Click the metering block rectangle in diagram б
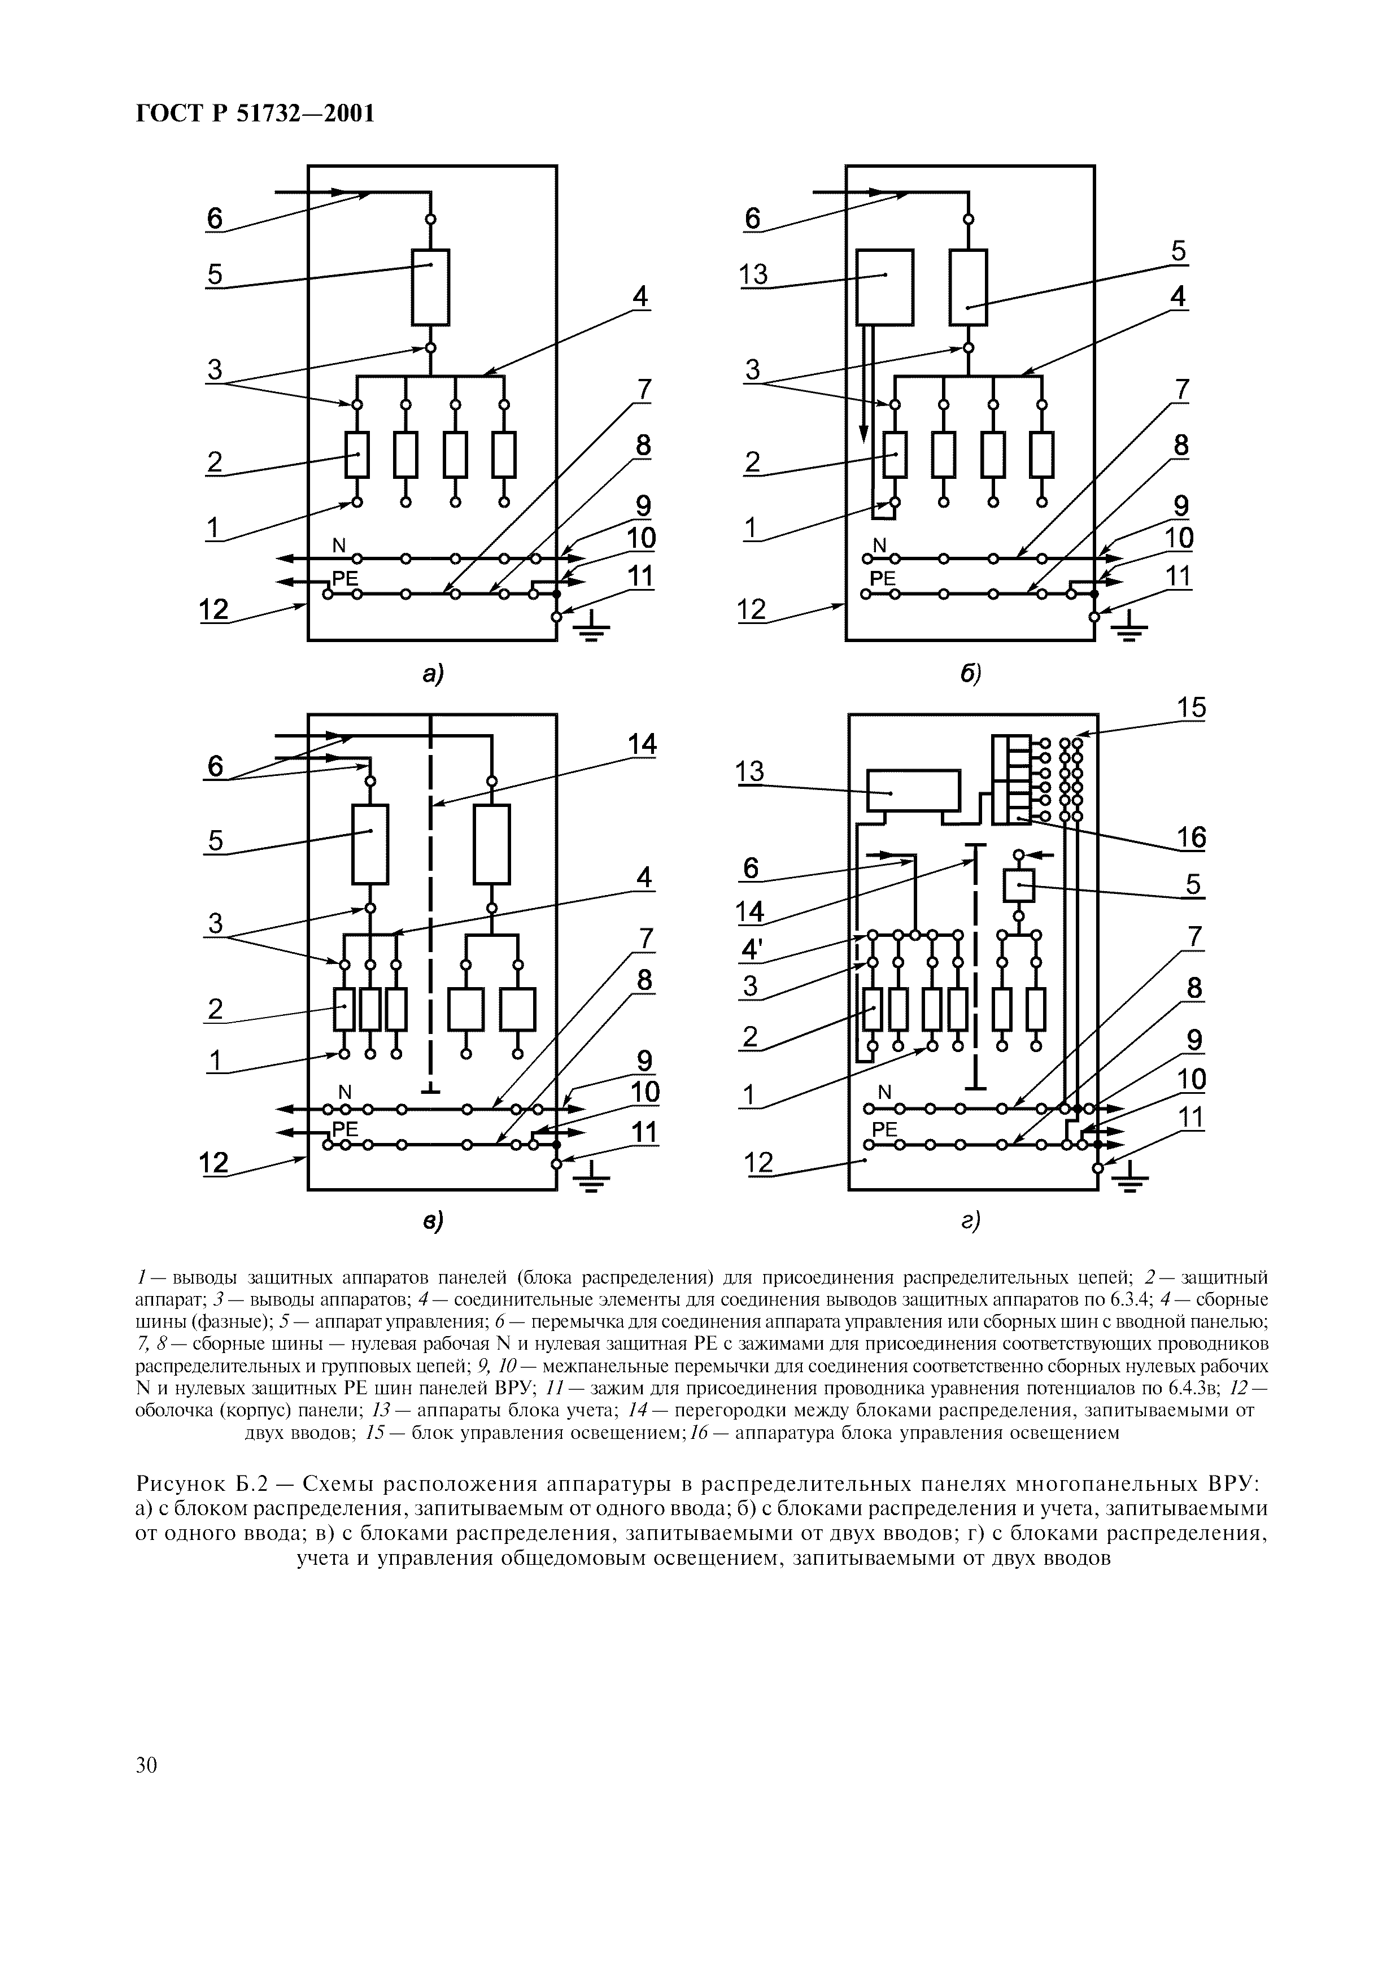(x=883, y=286)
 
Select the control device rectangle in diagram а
(x=430, y=286)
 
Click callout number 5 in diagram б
(x=1178, y=252)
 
